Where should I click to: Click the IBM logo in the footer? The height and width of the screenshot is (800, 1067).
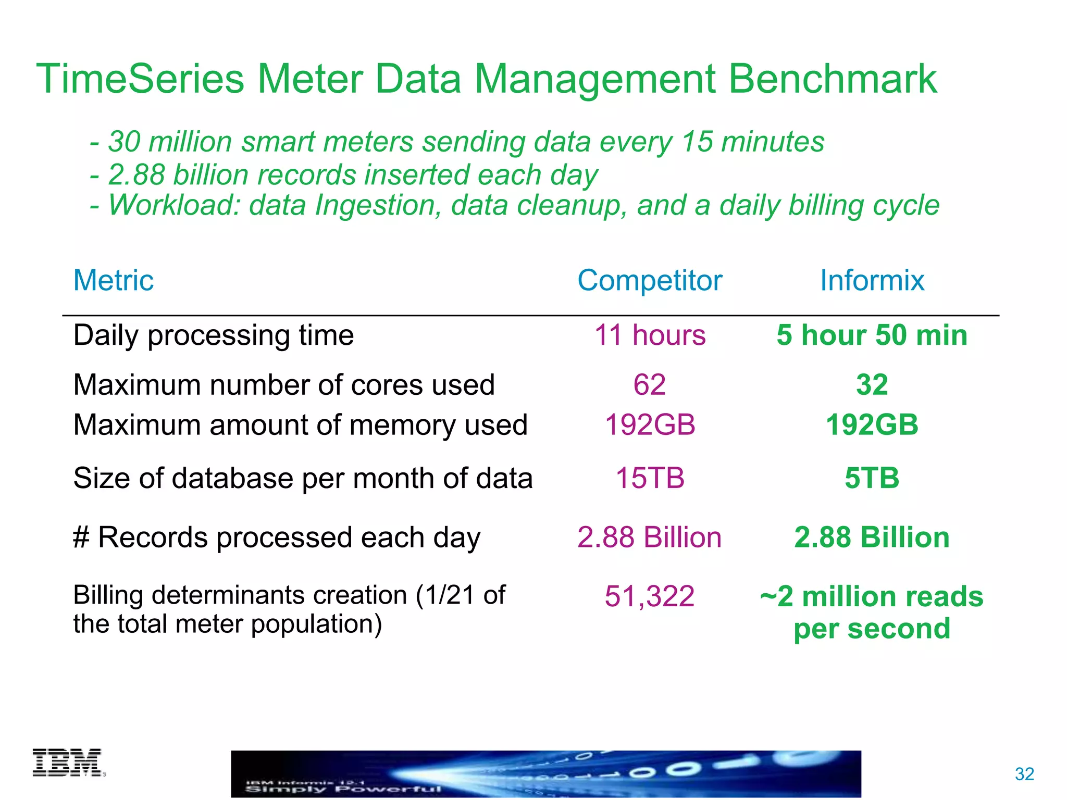pyautogui.click(x=68, y=763)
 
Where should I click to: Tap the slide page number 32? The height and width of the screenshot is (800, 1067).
pyautogui.click(x=1024, y=774)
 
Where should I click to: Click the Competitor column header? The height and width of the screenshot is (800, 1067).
pyautogui.click(x=650, y=280)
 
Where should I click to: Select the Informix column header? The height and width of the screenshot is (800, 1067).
pyautogui.click(x=872, y=280)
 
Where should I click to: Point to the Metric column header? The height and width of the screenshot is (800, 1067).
pyautogui.click(x=114, y=280)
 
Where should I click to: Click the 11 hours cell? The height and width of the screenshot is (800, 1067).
pyautogui.click(x=650, y=335)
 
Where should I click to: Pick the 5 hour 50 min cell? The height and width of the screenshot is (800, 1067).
pyautogui.click(x=872, y=335)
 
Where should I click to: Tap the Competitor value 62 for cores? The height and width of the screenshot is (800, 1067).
pyautogui.click(x=650, y=385)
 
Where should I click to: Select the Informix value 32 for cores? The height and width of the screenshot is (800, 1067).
pyautogui.click(x=872, y=385)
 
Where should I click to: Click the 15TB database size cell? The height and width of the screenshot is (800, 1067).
pyautogui.click(x=650, y=478)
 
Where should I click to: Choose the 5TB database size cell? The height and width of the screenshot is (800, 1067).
pyautogui.click(x=872, y=478)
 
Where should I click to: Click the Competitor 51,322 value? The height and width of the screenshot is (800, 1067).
pyautogui.click(x=650, y=596)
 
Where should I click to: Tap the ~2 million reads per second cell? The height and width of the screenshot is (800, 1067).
pyautogui.click(x=872, y=612)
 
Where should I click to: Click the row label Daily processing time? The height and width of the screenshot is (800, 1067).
pyautogui.click(x=214, y=335)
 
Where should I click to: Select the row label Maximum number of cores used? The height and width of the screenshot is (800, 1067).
pyautogui.click(x=284, y=385)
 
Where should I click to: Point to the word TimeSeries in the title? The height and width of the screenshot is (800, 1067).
pyautogui.click(x=141, y=79)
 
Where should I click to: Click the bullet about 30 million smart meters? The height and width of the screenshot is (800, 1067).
pyautogui.click(x=457, y=142)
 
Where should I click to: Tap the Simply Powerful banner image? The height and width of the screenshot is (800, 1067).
pyautogui.click(x=546, y=774)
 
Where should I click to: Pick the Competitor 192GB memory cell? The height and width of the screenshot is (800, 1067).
pyautogui.click(x=650, y=425)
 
